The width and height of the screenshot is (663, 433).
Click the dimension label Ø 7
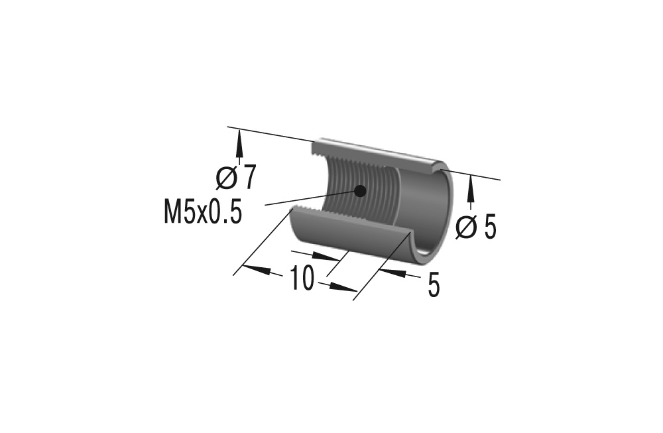(x=235, y=178)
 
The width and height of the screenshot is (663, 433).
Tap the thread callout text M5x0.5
(x=202, y=214)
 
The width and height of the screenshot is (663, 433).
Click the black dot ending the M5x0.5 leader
(x=360, y=190)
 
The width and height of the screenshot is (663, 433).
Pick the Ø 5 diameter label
(x=477, y=227)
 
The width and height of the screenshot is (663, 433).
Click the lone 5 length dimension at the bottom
(x=434, y=286)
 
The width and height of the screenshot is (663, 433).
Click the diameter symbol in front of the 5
(x=467, y=227)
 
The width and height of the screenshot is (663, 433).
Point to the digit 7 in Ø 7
(x=248, y=178)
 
